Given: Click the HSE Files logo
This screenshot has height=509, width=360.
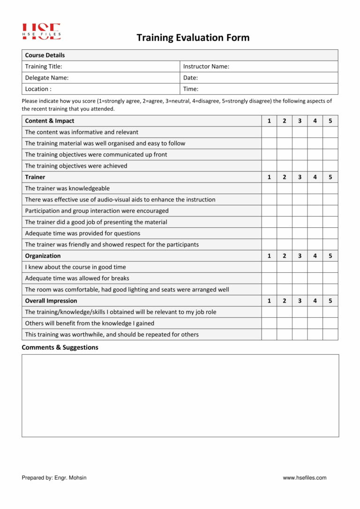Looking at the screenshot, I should pyautogui.click(x=41, y=31).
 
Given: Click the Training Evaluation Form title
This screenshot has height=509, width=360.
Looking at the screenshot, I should pyautogui.click(x=193, y=38).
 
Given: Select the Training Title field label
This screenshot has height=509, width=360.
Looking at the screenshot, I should pyautogui.click(x=44, y=67).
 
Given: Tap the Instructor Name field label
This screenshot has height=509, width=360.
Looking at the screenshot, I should pyautogui.click(x=206, y=67).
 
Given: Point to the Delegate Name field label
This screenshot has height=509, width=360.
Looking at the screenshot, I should pyautogui.click(x=46, y=78).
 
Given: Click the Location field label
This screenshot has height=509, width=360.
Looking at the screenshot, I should pyautogui.click(x=38, y=89).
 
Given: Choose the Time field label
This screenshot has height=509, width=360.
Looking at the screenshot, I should pyautogui.click(x=190, y=89).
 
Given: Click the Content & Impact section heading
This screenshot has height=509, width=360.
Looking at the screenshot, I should pyautogui.click(x=49, y=121).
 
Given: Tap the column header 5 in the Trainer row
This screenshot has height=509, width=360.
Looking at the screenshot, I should pyautogui.click(x=330, y=177).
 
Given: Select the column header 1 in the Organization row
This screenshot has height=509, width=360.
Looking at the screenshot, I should pyautogui.click(x=269, y=256).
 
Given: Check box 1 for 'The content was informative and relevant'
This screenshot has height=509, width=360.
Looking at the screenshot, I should pyautogui.click(x=269, y=132).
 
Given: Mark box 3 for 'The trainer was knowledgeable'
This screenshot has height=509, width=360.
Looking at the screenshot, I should pyautogui.click(x=300, y=188).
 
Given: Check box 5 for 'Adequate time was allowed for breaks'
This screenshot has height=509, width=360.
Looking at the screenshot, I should pyautogui.click(x=330, y=278).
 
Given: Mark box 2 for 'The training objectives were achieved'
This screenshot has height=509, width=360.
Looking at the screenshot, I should pyautogui.click(x=284, y=166).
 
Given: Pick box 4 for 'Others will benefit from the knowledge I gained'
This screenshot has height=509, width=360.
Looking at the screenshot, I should pyautogui.click(x=315, y=323).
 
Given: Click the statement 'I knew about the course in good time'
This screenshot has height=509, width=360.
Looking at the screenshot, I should pyautogui.click(x=75, y=267).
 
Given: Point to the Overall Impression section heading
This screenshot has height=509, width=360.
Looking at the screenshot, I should pyautogui.click(x=51, y=301).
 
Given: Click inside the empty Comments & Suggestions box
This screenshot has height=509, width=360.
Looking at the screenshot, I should pyautogui.click(x=180, y=396).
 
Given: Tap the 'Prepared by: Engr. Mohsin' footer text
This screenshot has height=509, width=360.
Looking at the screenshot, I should pyautogui.click(x=54, y=478).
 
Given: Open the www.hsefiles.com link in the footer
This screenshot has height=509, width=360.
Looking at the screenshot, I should pyautogui.click(x=304, y=478).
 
